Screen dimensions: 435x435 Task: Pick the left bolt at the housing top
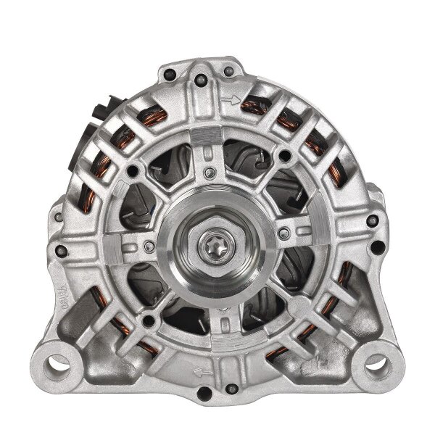coord(169,72)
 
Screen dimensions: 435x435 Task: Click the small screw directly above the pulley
coord(209,173)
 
